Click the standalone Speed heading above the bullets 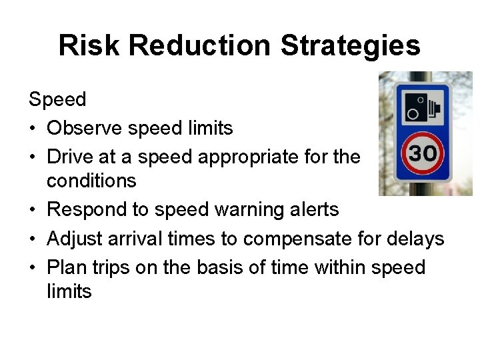click(x=57, y=100)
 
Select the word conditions click(x=91, y=181)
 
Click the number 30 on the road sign click(x=423, y=153)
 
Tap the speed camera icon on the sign click(x=422, y=107)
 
